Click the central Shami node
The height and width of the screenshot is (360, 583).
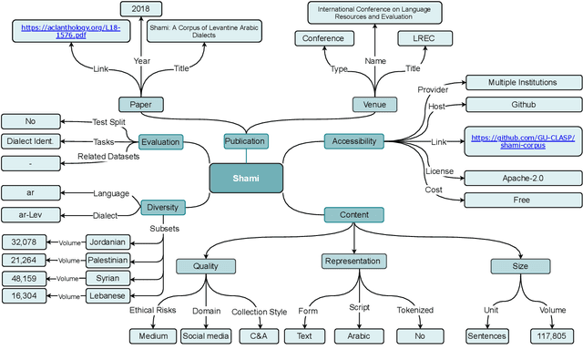pyautogui.click(x=245, y=179)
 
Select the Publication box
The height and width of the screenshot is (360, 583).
pyautogui.click(x=245, y=141)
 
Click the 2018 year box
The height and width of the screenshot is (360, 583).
pyautogui.click(x=140, y=8)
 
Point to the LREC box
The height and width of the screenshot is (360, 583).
pyautogui.click(x=424, y=38)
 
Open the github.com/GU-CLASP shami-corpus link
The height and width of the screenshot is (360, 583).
pyautogui.click(x=523, y=140)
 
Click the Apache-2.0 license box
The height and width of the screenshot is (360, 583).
pyautogui.click(x=523, y=178)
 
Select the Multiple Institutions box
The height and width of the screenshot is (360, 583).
pyautogui.click(x=523, y=82)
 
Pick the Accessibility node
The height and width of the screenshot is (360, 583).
pyautogui.click(x=354, y=141)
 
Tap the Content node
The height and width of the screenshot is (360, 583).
pyautogui.click(x=354, y=215)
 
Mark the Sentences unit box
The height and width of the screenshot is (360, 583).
pyautogui.click(x=487, y=336)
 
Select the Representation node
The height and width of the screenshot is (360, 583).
pyautogui.click(x=354, y=262)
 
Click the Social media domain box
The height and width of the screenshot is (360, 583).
pyautogui.click(x=205, y=336)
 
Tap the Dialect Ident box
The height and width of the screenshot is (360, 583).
pyautogui.click(x=31, y=141)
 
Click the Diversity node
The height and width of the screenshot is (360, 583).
pyautogui.click(x=160, y=207)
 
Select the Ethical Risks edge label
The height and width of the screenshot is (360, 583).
pyautogui.click(x=153, y=311)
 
